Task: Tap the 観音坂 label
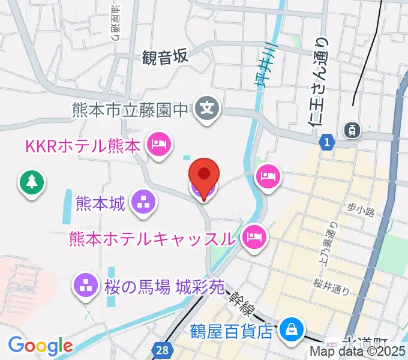pyautogui.click(x=165, y=57)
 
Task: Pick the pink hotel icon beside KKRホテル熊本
pyautogui.click(x=159, y=144)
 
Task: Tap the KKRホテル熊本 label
pyautogui.click(x=82, y=145)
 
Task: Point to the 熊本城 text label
pyautogui.click(x=100, y=203)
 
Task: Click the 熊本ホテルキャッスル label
pyautogui.click(x=151, y=238)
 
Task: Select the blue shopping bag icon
pyautogui.click(x=291, y=329)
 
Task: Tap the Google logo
pyautogui.click(x=41, y=346)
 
